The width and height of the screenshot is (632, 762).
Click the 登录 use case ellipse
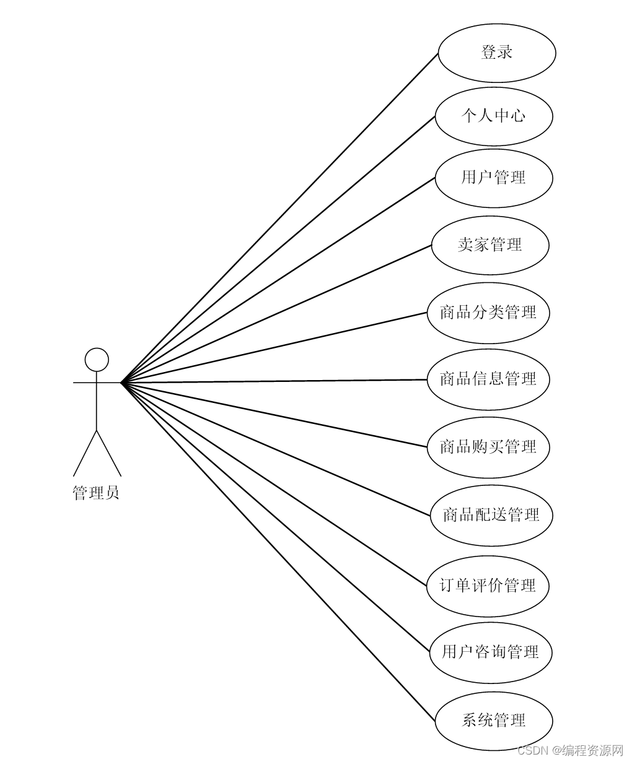(x=496, y=53)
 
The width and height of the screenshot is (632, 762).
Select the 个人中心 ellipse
(x=493, y=116)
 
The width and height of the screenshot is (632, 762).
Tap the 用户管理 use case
(x=493, y=178)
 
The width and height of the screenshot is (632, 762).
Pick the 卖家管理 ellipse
(x=489, y=245)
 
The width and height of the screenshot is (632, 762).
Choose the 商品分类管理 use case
(x=488, y=313)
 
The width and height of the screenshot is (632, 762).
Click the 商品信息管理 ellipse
(x=488, y=379)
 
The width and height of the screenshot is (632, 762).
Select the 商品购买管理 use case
(x=488, y=447)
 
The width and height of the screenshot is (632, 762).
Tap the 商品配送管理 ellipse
(x=491, y=515)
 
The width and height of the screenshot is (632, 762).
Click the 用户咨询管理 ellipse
(x=490, y=652)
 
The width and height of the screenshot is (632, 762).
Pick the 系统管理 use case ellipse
(x=493, y=721)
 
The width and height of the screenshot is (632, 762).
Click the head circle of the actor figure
(x=97, y=360)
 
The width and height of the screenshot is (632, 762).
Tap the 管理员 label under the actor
(x=96, y=493)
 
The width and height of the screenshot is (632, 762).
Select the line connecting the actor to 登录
(x=279, y=218)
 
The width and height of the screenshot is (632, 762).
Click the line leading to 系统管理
(x=279, y=552)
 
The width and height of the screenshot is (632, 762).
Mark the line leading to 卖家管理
(x=276, y=313)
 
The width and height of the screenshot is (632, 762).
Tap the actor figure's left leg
(x=85, y=452)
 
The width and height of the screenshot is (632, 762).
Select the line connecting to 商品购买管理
(x=274, y=414)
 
